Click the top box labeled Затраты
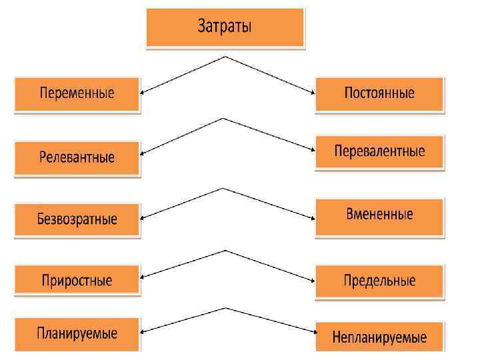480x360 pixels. click(225, 27)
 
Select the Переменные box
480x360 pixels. click(77, 94)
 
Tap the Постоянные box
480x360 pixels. click(379, 93)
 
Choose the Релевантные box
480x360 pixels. click(77, 158)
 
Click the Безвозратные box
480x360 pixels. click(77, 219)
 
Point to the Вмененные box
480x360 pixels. click(379, 215)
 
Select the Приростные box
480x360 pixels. click(77, 281)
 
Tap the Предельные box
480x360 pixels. click(379, 281)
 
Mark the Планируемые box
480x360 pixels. click(77, 333)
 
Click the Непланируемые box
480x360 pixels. click(379, 337)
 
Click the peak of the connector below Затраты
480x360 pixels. click(227, 57)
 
